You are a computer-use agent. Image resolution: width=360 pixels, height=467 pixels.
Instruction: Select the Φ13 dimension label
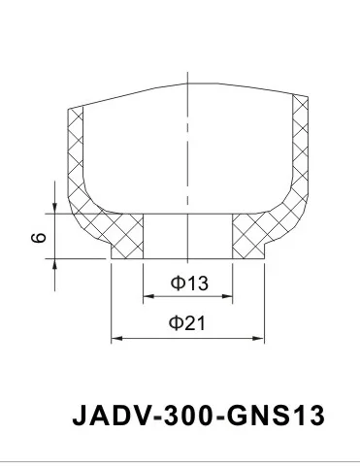[189, 284]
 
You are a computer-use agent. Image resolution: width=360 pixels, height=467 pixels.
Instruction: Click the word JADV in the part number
[105, 417]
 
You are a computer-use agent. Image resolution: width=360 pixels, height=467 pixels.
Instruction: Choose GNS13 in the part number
[261, 417]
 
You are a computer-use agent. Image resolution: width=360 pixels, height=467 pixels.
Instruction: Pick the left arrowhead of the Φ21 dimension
[116, 338]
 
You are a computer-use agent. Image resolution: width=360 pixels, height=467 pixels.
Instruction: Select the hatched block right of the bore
[248, 236]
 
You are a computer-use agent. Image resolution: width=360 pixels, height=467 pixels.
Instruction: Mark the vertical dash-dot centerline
[187, 146]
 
